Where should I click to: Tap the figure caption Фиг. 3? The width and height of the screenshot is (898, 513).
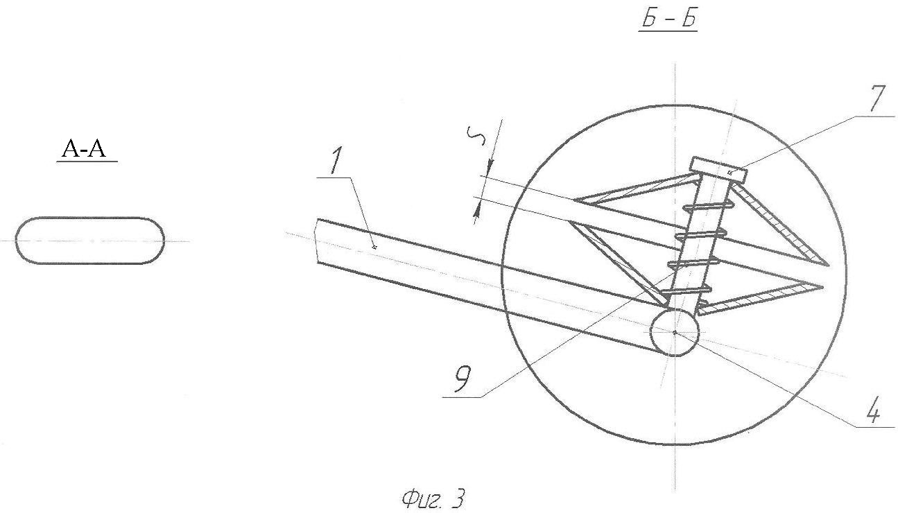(x=433, y=498)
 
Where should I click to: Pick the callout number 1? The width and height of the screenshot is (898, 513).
(x=336, y=161)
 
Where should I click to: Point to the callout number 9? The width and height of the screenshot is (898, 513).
(x=463, y=379)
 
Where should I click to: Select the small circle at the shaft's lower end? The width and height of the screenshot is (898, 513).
(x=675, y=332)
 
